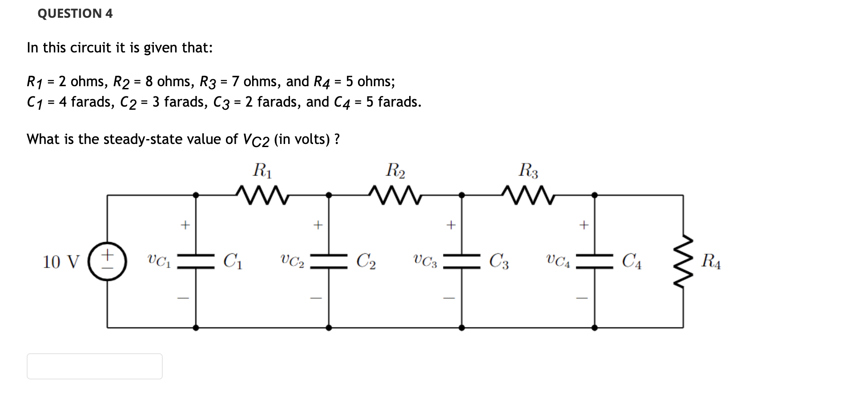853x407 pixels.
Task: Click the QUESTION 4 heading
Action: point(75,13)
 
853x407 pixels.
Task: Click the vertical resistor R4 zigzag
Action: point(683,261)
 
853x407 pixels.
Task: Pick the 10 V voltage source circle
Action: point(107,261)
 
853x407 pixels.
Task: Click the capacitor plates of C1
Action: point(196,261)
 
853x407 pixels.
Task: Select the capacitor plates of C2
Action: point(329,261)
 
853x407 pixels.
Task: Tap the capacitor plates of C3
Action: point(462,261)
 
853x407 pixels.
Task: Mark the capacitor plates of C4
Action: point(595,261)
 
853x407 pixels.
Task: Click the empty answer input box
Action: point(95,366)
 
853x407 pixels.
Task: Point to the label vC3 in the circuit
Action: point(425,261)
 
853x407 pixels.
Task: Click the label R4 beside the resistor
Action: point(710,261)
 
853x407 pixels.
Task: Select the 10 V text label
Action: point(61,262)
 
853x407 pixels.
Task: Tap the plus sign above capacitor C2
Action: point(317,225)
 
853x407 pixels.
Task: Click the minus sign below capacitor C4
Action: point(583,298)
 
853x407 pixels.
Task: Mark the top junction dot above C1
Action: point(196,195)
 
